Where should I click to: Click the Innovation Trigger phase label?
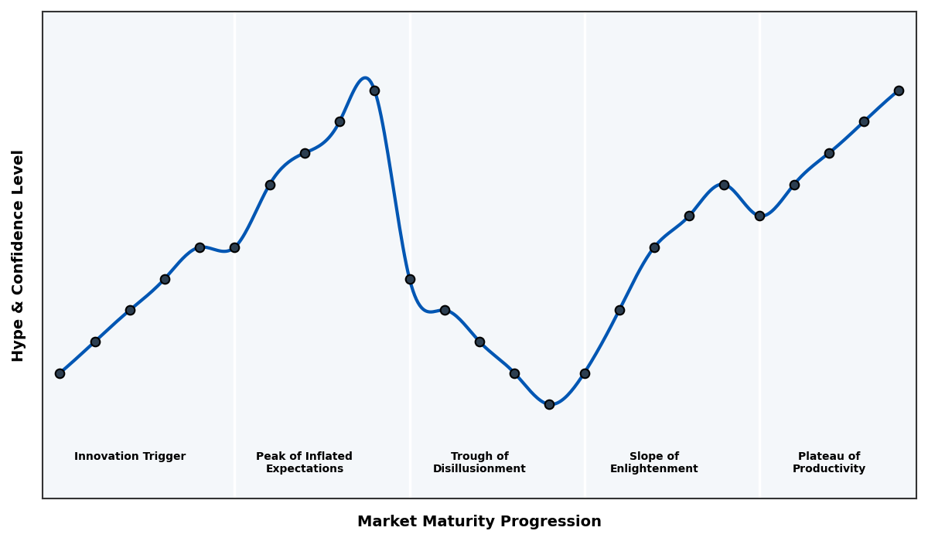(x=130, y=457)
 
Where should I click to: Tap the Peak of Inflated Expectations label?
(x=304, y=462)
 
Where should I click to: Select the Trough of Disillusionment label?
(x=479, y=462)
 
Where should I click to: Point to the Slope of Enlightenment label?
(x=654, y=462)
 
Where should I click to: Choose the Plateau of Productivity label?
(x=829, y=462)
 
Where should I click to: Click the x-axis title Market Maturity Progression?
(x=479, y=522)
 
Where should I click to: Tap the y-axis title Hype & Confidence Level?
(x=19, y=256)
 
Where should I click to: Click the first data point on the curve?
(x=60, y=373)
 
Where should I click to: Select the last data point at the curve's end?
(x=899, y=90)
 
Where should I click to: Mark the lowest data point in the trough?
(x=549, y=404)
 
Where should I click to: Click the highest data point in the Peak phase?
(x=374, y=90)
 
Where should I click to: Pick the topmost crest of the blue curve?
(x=365, y=78)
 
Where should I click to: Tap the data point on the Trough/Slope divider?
(x=585, y=373)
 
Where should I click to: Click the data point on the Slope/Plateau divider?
(x=759, y=216)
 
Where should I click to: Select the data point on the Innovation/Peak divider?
(x=234, y=247)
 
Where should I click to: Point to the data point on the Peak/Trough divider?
(x=410, y=279)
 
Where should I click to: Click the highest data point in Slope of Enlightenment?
(x=724, y=185)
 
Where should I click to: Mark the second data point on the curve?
(x=95, y=342)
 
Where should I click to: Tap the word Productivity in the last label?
(x=829, y=469)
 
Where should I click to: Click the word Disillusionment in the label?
(x=479, y=469)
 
